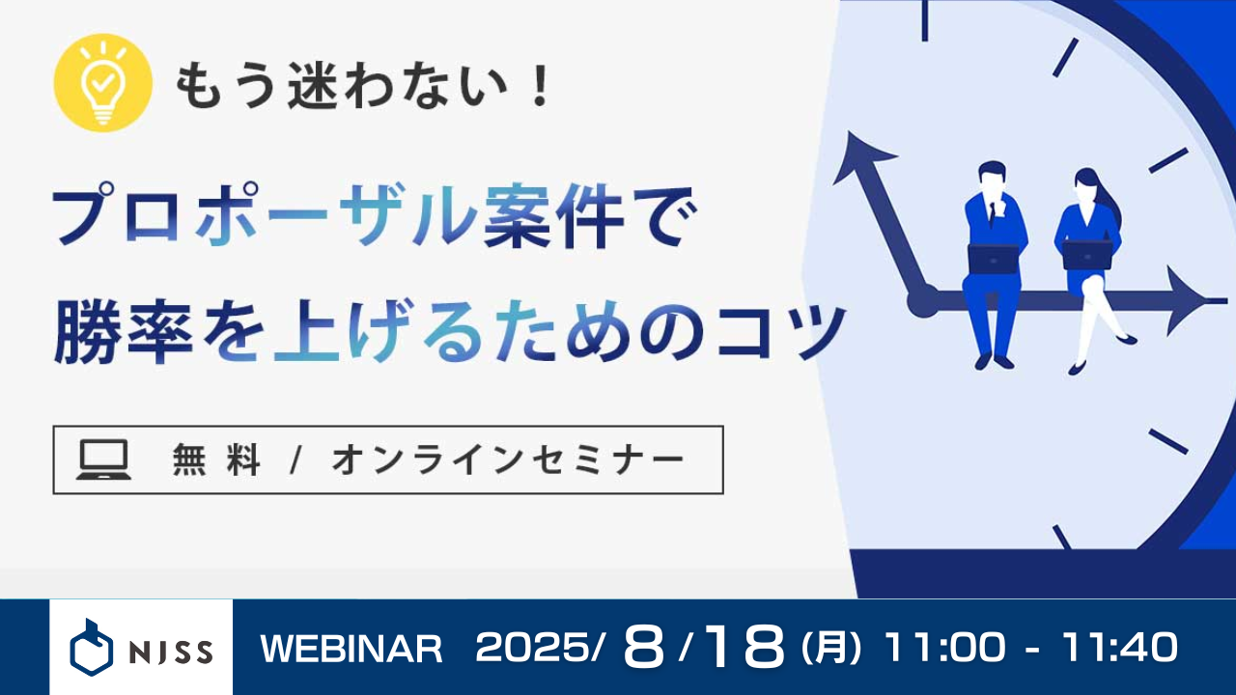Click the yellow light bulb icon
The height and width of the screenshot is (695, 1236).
pyautogui.click(x=102, y=83)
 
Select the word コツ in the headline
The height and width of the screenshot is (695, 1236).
pyautogui.click(x=780, y=332)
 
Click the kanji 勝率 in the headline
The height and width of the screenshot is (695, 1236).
pyautogui.click(x=124, y=332)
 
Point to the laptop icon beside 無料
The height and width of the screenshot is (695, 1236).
pyautogui.click(x=103, y=459)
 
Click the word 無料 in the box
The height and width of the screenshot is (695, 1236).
pyautogui.click(x=215, y=460)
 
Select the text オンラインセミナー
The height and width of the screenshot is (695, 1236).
pyautogui.click(x=508, y=460)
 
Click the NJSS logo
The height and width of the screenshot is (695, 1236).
pyautogui.click(x=141, y=647)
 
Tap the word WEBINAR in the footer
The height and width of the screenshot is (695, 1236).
pyautogui.click(x=351, y=649)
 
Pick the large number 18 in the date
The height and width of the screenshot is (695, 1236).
pyautogui.click(x=744, y=647)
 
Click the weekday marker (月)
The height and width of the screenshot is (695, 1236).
pyautogui.click(x=831, y=648)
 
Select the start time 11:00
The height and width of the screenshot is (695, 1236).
pyautogui.click(x=944, y=648)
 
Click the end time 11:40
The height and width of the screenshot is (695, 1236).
pyautogui.click(x=1120, y=648)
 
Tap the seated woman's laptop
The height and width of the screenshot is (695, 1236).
pyautogui.click(x=1087, y=255)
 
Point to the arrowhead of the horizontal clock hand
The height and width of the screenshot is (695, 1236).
pyautogui.click(x=1188, y=301)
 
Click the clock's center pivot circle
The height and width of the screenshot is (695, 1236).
pyautogui.click(x=922, y=301)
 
